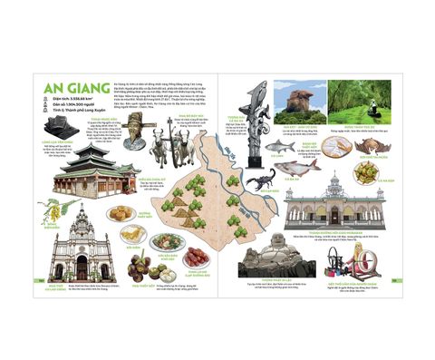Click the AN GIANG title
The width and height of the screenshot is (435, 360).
68,88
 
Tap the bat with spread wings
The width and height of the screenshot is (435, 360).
371,144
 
